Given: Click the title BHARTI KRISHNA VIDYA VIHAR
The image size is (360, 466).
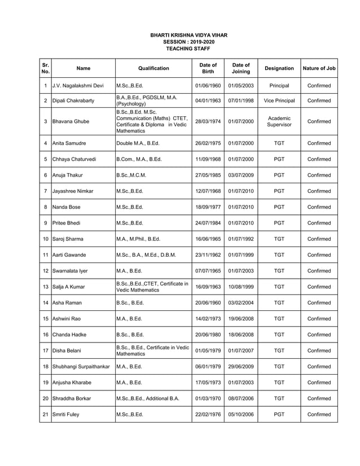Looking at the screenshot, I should tap(188, 35).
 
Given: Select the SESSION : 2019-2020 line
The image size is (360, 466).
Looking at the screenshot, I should tap(188, 42).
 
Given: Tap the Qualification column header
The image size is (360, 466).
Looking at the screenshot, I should tap(153, 68).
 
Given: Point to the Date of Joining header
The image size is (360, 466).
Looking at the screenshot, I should tap(241, 68).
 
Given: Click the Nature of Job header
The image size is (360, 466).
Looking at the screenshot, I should tap(319, 68).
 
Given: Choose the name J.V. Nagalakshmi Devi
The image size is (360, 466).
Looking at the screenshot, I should tap(78, 86).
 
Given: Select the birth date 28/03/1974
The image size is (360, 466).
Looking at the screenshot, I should tap(208, 121).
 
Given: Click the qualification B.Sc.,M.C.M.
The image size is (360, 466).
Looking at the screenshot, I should tap(131, 175).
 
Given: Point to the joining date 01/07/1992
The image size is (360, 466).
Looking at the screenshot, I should tap(241, 239).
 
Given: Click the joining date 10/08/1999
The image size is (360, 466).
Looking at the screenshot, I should tap(241, 287).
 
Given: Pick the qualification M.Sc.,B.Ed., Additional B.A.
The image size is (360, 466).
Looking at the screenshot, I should tap(147, 398).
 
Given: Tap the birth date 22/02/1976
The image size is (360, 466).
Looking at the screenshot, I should tap(208, 415).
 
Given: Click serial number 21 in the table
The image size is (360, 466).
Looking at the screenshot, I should tap(45, 415).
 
